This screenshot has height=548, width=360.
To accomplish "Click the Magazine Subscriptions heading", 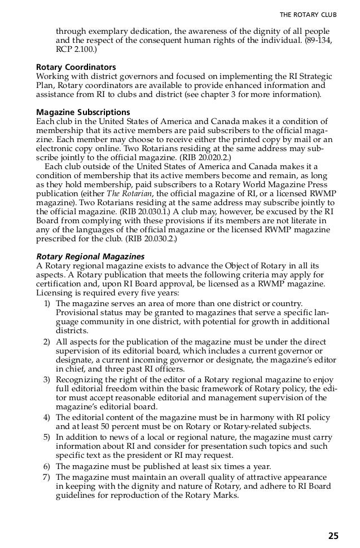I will [83, 112].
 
